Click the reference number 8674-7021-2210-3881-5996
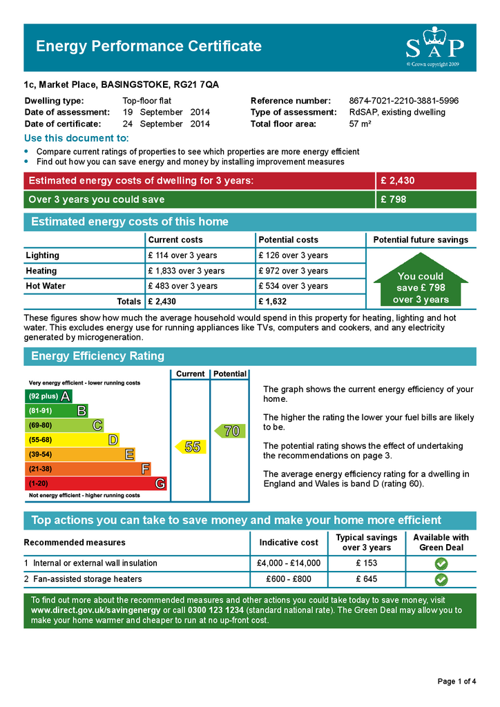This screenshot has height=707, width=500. click(x=403, y=101)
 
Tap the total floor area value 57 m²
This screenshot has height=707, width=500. click(x=360, y=124)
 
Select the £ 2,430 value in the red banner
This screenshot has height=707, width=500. click(x=397, y=181)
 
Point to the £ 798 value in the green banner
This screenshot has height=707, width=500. click(x=394, y=200)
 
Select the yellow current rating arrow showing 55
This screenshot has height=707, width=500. click(x=189, y=447)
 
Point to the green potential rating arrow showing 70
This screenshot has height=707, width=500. click(x=229, y=431)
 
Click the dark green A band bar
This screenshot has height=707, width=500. click(x=48, y=396)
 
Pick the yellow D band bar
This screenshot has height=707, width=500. click(x=72, y=440)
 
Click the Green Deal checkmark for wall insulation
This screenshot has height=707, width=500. click(x=441, y=563)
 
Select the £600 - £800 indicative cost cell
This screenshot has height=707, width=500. click(x=289, y=579)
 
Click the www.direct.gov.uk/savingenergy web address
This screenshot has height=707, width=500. click(x=95, y=610)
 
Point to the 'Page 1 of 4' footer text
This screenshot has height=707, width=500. click(x=456, y=681)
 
